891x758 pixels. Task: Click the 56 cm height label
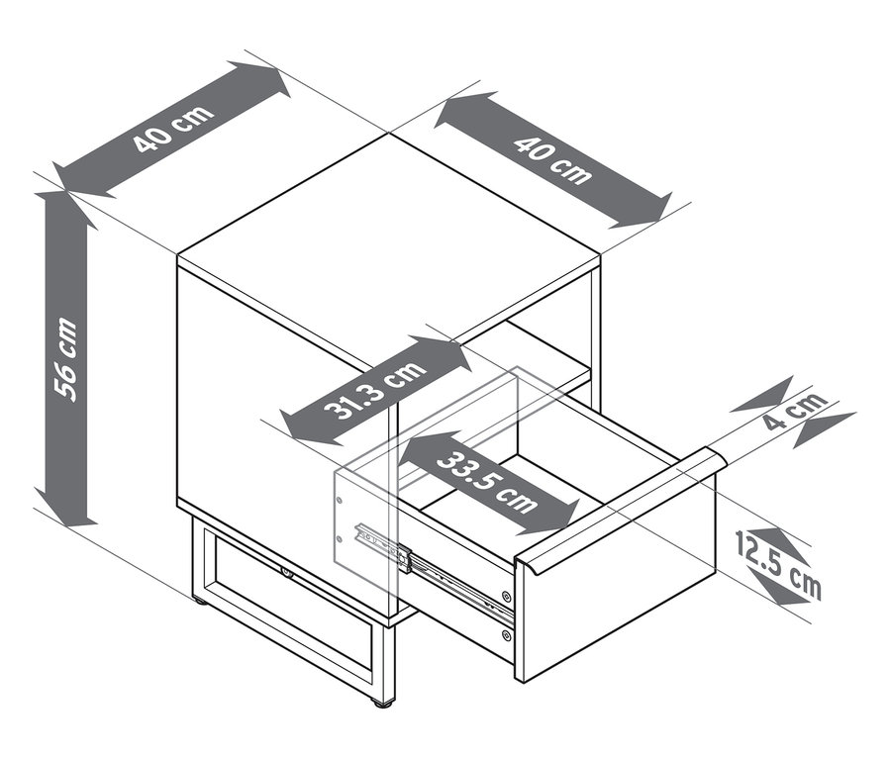click(x=65, y=359)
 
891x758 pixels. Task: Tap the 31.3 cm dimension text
click(x=374, y=390)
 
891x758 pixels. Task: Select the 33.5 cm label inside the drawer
click(x=487, y=482)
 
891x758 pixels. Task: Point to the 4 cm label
click(x=795, y=410)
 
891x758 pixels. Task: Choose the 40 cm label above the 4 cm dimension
click(x=551, y=160)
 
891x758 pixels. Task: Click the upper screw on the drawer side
click(x=506, y=596)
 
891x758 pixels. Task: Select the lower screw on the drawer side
click(x=506, y=634)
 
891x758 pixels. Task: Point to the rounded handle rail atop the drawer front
click(x=620, y=510)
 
